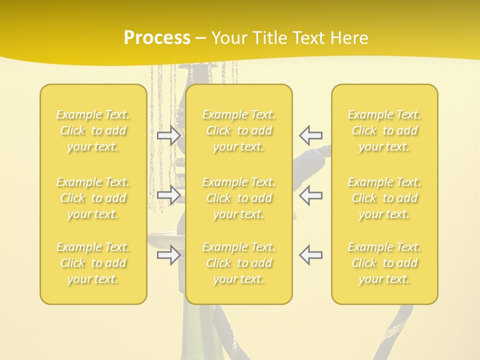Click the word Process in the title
point(157,38)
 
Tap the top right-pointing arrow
point(169,135)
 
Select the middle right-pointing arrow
point(169,195)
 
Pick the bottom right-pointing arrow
point(169,255)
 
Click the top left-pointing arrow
point(310,135)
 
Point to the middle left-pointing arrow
point(310,195)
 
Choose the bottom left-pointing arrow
point(310,255)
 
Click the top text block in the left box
point(93,130)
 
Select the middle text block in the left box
point(93,198)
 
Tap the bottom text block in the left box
point(93,263)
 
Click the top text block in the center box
point(239,130)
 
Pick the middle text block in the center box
point(239,198)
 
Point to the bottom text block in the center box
point(239,263)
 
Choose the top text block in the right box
point(384,130)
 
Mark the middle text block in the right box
point(384,198)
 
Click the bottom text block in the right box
point(384,263)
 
